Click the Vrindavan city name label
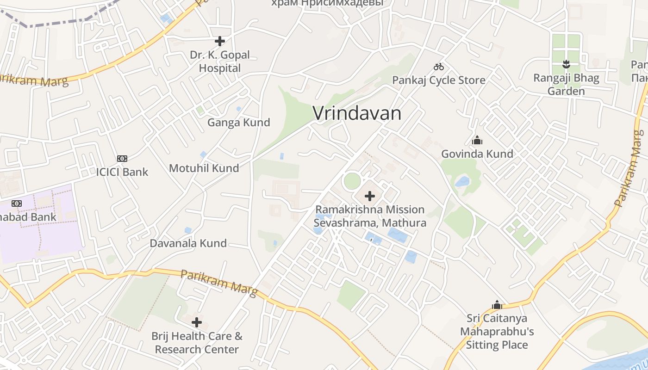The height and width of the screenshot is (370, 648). [x=357, y=113]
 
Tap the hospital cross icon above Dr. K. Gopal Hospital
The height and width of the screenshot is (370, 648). [x=220, y=41]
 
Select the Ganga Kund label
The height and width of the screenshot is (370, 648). [x=238, y=123]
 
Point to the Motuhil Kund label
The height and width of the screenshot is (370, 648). [x=204, y=168]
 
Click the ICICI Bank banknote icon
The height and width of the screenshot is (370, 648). [x=122, y=159]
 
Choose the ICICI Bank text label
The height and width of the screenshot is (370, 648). [x=122, y=172]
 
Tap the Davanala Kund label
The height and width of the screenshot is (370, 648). [x=188, y=243]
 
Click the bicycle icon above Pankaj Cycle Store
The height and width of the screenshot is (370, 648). [x=439, y=67]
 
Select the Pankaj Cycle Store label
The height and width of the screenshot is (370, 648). [x=439, y=80]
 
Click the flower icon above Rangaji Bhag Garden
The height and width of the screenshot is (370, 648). [x=566, y=64]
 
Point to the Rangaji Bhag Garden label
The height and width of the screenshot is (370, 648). [x=566, y=84]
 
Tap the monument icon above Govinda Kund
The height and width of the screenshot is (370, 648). [x=477, y=140]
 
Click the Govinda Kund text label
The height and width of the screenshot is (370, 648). [x=477, y=154]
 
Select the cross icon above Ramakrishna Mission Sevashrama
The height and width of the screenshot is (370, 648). [x=370, y=196]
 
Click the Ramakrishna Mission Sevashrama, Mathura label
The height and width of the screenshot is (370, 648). [x=370, y=216]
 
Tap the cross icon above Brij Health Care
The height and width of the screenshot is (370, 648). [x=197, y=322]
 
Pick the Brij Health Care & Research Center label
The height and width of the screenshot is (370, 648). [x=197, y=342]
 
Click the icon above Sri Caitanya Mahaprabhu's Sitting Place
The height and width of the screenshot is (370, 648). [x=497, y=305]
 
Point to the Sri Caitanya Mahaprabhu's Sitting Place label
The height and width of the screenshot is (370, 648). [x=497, y=332]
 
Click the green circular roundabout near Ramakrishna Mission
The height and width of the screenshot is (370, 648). [x=352, y=181]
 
